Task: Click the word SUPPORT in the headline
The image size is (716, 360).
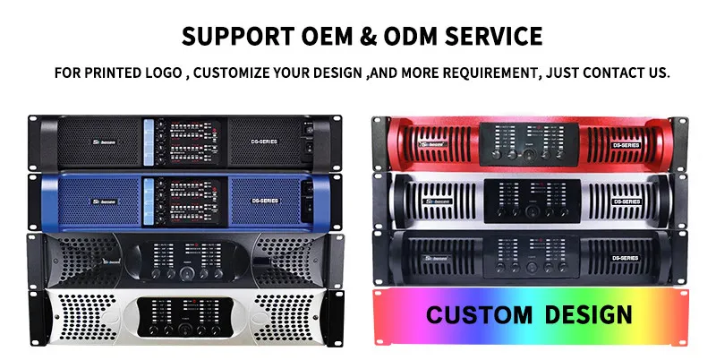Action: coord(234,36)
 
